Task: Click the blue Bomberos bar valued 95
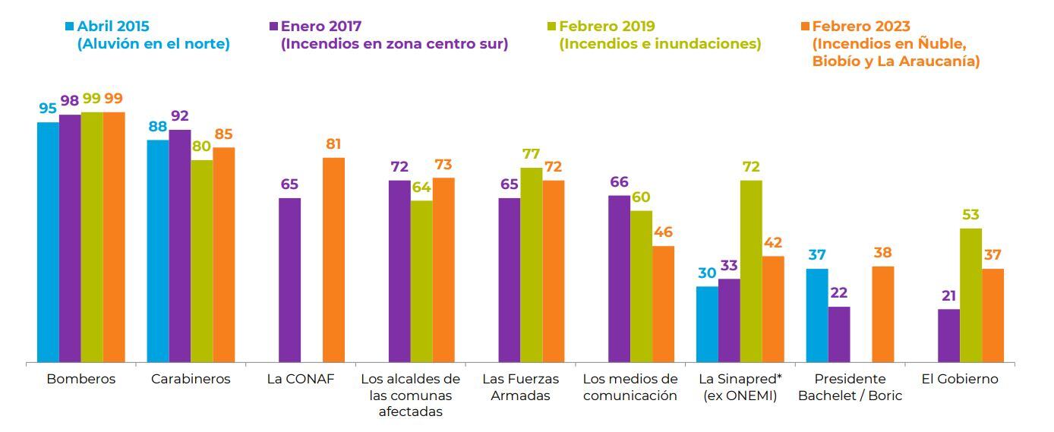click(x=48, y=242)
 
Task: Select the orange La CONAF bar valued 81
click(x=333, y=260)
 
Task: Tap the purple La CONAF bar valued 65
click(x=289, y=280)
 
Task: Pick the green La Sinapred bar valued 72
click(x=751, y=271)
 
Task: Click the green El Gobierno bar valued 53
click(x=970, y=295)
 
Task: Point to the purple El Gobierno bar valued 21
click(x=948, y=336)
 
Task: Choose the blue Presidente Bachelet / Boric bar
click(x=817, y=315)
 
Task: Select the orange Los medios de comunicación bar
click(x=663, y=304)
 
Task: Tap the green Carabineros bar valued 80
click(x=201, y=261)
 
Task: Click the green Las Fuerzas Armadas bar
click(x=532, y=265)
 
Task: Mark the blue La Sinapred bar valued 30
click(x=707, y=324)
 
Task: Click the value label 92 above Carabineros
click(x=180, y=115)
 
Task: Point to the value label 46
click(x=663, y=232)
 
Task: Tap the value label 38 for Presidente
click(x=882, y=253)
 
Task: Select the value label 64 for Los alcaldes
click(x=421, y=188)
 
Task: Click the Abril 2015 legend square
click(x=69, y=27)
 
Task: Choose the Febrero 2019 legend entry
click(x=654, y=35)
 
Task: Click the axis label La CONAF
click(x=300, y=379)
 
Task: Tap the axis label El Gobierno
click(x=960, y=379)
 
